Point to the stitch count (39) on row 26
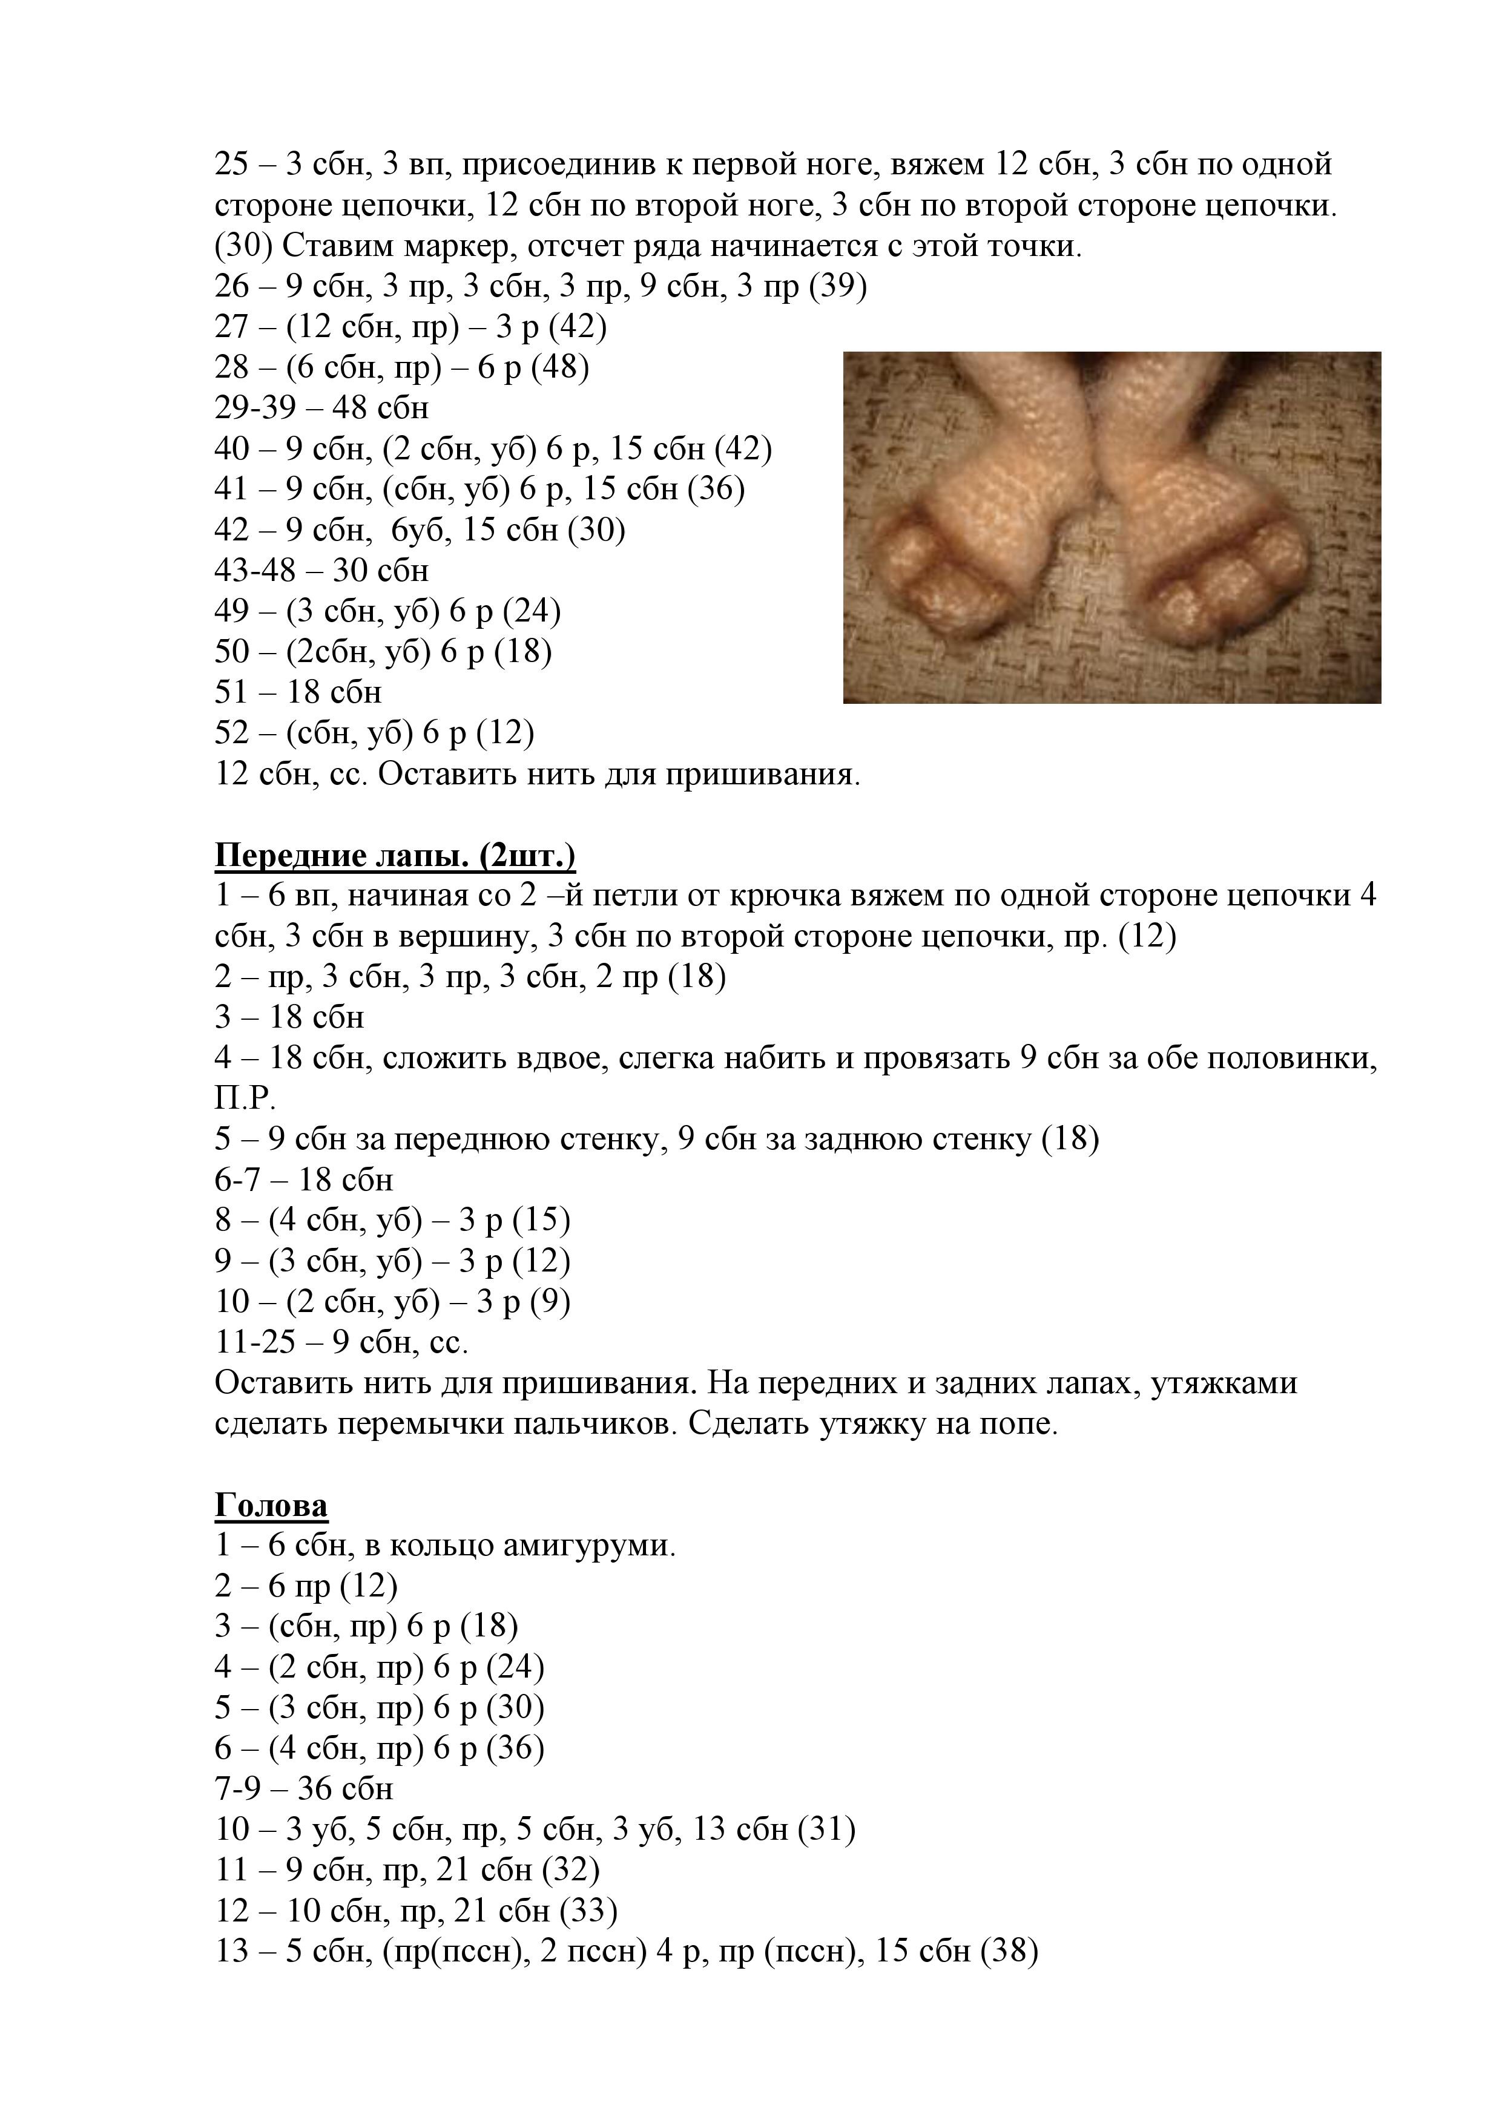838,287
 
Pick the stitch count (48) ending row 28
561,368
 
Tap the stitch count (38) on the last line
1009,1951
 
